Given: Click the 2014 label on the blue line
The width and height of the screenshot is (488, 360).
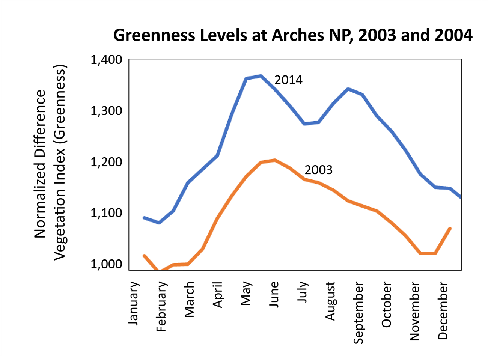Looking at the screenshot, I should [x=288, y=80].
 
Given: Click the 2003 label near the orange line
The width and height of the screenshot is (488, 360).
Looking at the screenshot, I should [x=318, y=170].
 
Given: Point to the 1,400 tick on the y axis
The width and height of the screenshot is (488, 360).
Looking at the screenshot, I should [x=106, y=60].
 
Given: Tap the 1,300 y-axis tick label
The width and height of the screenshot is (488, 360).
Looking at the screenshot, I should [x=106, y=111].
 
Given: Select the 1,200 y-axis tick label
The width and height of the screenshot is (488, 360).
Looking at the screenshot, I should [x=106, y=162].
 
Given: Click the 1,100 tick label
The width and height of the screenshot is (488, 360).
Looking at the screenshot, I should [x=106, y=213].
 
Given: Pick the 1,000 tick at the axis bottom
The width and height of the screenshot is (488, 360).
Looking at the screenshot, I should [x=106, y=264].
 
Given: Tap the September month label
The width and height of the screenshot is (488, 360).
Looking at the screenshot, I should [x=358, y=313].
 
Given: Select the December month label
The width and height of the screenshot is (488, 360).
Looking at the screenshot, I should [x=443, y=310].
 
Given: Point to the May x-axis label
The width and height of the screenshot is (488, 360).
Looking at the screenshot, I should [x=246, y=294].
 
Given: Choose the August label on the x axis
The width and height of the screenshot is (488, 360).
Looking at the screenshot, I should [x=330, y=301].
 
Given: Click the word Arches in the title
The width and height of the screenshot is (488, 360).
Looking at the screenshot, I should [x=298, y=35].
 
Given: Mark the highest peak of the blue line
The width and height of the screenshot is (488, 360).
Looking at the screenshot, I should [x=261, y=76].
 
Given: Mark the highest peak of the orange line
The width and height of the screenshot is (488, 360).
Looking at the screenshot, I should [x=275, y=160].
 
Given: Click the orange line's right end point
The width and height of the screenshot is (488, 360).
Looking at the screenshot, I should [x=450, y=228].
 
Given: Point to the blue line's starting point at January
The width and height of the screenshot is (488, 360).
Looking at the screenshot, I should [x=144, y=217].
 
